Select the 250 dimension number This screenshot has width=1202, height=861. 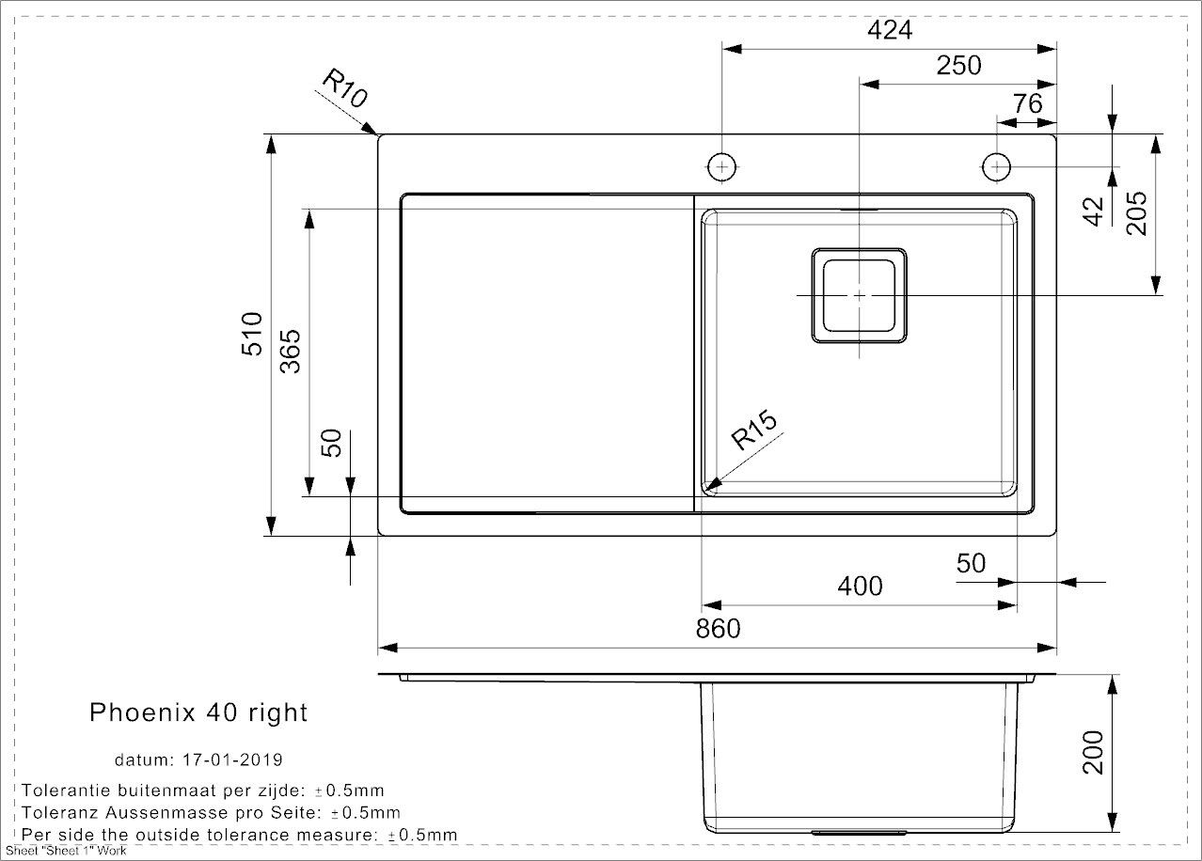point(958,66)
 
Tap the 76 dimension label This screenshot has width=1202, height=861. point(1028,103)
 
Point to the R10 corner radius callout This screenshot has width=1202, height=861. point(343,91)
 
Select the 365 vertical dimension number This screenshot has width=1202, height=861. point(291,352)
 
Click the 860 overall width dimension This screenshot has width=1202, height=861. point(718,628)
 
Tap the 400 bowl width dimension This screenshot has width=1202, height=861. point(860,587)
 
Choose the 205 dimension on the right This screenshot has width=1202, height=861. point(1137,212)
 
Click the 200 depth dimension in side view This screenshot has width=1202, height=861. point(1093,752)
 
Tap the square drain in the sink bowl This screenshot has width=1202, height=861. point(860,295)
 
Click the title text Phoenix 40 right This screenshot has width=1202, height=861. point(198,712)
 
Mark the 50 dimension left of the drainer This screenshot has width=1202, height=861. point(331,442)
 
